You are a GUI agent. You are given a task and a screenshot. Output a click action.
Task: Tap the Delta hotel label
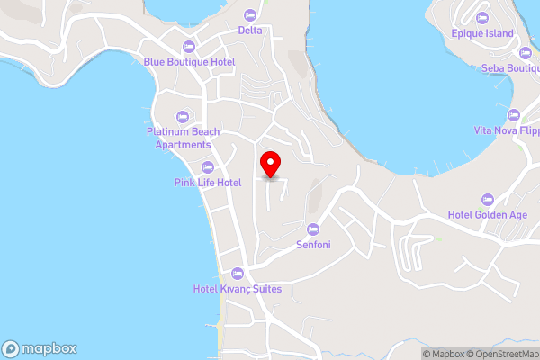pos(250,30)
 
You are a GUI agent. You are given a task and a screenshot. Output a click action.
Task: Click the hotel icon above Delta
pos(250,13)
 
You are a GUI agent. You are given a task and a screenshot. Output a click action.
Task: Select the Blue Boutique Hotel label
pos(189,62)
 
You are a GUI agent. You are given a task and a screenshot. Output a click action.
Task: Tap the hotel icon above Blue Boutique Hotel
pos(189,46)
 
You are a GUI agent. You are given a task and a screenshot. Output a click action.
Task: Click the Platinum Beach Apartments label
pos(184,138)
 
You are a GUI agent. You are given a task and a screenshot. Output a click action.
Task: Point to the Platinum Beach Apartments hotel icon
pos(184,117)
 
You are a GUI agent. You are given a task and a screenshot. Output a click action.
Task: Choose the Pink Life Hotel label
pos(208,183)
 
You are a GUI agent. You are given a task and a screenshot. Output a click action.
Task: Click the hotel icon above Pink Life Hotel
pos(208,166)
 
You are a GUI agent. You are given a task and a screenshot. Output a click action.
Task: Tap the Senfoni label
pos(313,244)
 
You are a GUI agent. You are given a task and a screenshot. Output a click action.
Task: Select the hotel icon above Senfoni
pos(313,228)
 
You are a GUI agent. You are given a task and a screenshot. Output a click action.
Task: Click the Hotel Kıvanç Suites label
pos(238,289)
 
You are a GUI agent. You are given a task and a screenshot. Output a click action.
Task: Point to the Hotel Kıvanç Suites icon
pos(238,273)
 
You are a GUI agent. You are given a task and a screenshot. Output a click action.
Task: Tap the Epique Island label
pos(482,34)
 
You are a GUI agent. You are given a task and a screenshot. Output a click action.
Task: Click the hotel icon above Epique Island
pos(482,18)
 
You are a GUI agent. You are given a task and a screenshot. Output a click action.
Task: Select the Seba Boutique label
pos(510,67)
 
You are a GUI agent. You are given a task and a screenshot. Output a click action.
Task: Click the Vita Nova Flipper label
pos(507,130)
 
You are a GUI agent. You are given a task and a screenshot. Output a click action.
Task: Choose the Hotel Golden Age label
pos(487,215)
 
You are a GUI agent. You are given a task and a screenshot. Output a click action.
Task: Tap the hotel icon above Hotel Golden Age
pos(487,199)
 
